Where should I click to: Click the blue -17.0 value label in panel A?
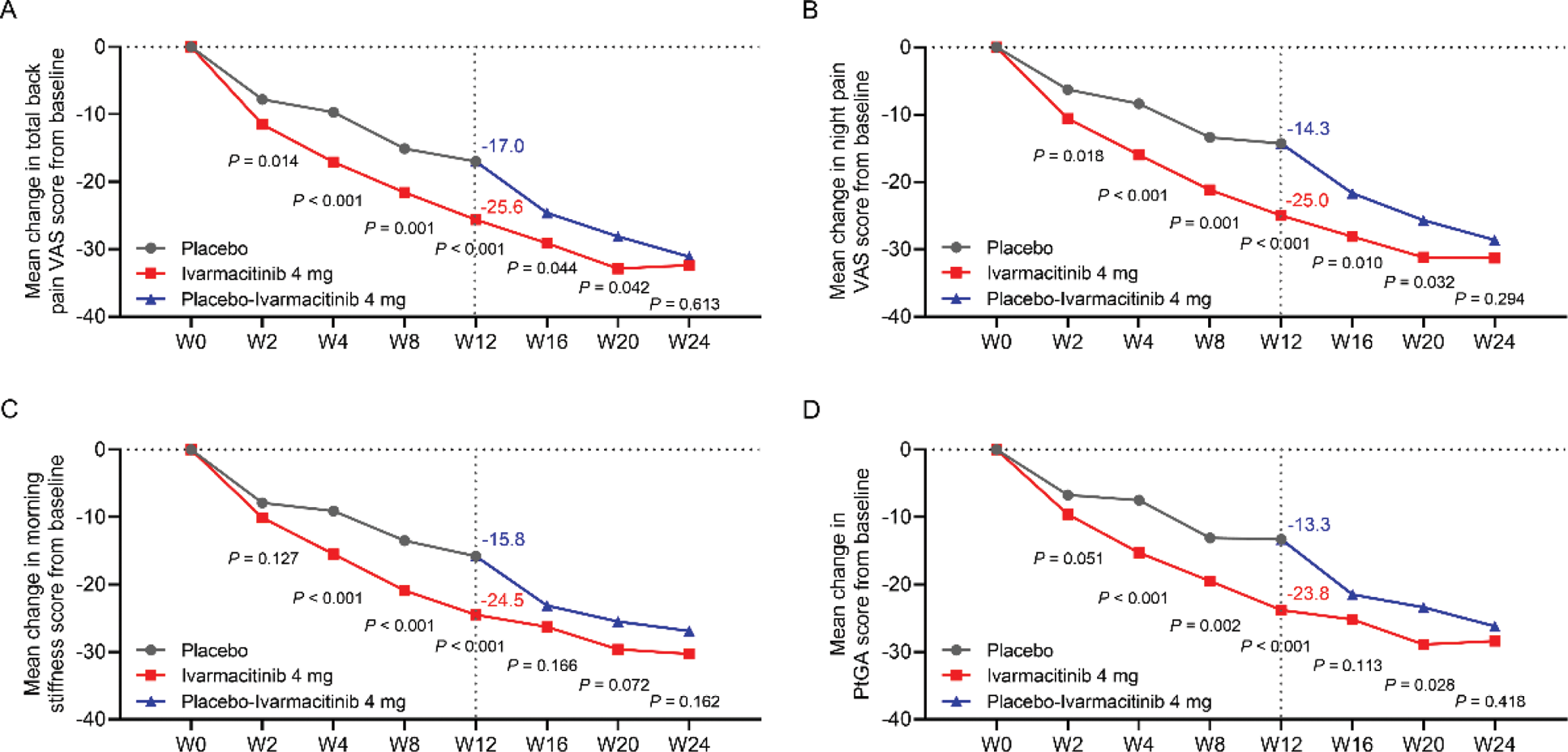(503, 146)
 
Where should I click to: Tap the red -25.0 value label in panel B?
(1307, 200)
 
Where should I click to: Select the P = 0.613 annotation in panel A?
(684, 304)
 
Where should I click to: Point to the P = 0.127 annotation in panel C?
(263, 558)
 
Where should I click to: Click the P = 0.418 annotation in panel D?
(1489, 702)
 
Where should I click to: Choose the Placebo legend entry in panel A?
(214, 248)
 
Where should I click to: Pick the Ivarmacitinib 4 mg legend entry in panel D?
(1062, 676)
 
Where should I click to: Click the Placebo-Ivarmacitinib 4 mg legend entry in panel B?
(1099, 299)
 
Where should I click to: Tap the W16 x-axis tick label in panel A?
(546, 342)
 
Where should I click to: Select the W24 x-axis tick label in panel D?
(1493, 744)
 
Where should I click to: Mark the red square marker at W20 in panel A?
(618, 269)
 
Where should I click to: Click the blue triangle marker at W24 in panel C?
(689, 631)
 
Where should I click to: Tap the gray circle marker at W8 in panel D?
(1210, 538)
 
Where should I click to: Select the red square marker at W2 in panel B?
(1068, 119)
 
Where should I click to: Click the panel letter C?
(10, 409)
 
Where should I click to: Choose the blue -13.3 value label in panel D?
(1309, 525)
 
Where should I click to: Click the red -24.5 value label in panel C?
(503, 601)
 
